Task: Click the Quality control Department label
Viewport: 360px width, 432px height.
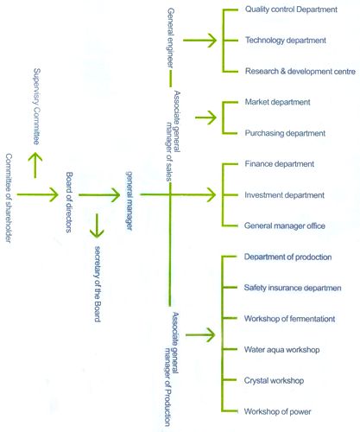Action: click(x=291, y=10)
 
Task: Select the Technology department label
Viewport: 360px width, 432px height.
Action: click(x=286, y=41)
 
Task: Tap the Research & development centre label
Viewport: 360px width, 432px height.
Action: click(x=300, y=71)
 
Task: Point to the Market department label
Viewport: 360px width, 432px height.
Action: click(x=277, y=102)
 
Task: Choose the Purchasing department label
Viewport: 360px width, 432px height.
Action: click(x=285, y=133)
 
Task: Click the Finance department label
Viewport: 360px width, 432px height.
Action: click(x=280, y=164)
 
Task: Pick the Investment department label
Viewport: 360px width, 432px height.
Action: click(x=284, y=195)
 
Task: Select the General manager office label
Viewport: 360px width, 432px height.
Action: click(x=285, y=226)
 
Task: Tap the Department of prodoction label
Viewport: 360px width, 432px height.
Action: click(x=287, y=257)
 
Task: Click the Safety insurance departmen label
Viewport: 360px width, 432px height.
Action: click(x=293, y=288)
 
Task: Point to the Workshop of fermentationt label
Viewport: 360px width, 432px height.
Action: click(x=289, y=319)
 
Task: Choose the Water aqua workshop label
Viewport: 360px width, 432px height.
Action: click(x=281, y=350)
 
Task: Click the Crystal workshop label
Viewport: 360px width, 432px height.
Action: click(x=274, y=381)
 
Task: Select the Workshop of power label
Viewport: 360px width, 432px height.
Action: click(x=277, y=411)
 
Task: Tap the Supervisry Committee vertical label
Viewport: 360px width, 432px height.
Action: click(x=36, y=106)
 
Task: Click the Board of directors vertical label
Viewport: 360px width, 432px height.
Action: click(x=69, y=202)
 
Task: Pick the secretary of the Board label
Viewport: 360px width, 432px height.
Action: click(x=98, y=284)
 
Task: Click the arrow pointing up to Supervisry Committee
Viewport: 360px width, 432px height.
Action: click(x=35, y=165)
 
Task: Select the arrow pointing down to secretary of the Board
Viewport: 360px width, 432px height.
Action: click(x=97, y=226)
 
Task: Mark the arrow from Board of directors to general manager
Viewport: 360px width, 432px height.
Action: click(x=99, y=195)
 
